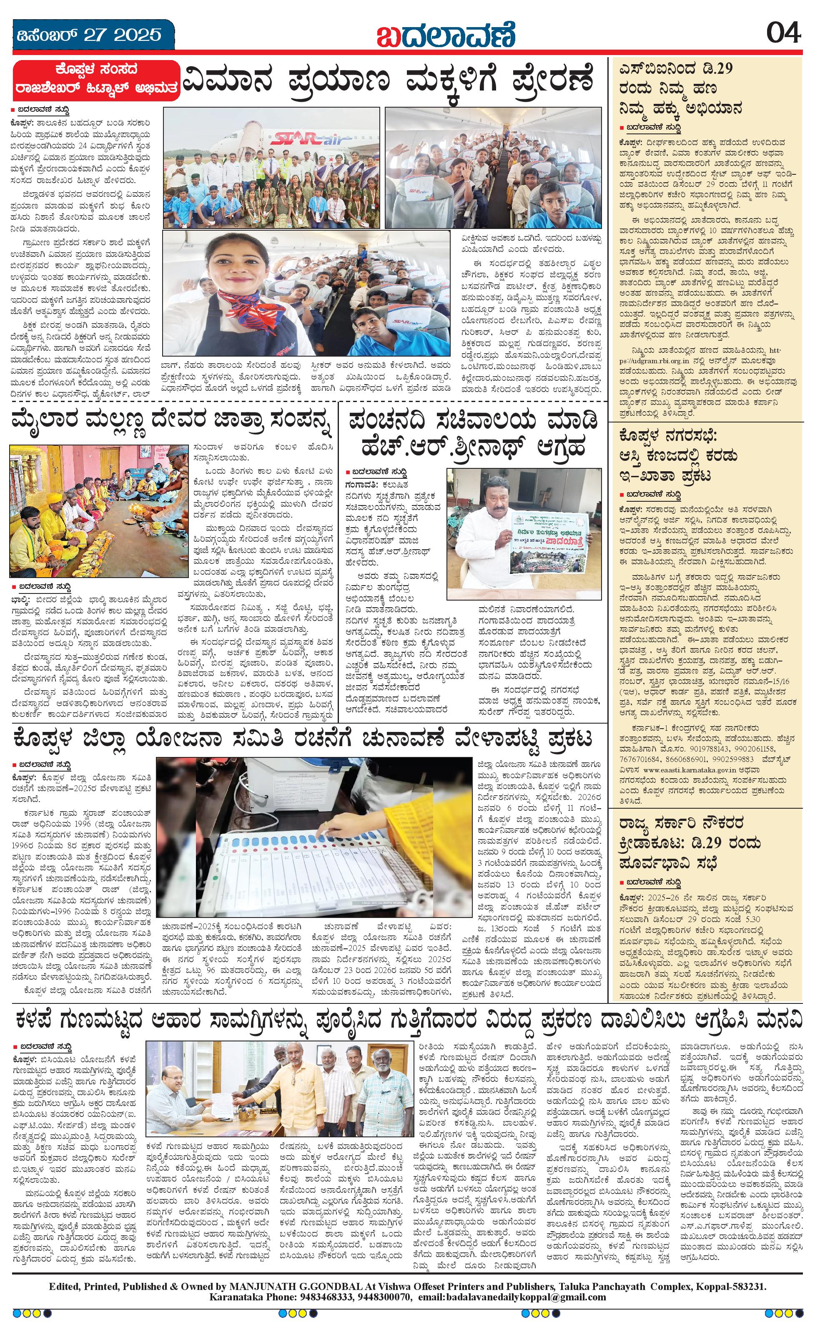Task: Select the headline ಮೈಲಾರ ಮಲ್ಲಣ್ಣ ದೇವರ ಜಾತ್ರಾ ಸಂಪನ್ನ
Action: tap(170, 425)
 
